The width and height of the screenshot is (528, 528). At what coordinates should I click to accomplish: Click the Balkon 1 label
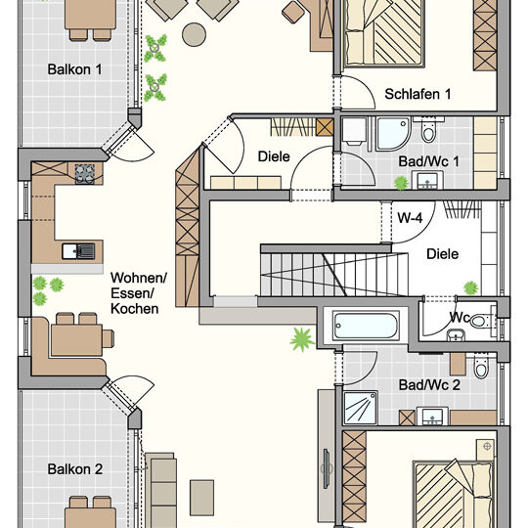pos(75,69)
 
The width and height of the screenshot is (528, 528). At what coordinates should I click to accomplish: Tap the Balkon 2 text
pos(75,469)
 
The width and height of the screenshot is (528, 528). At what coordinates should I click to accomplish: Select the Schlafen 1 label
pos(418,95)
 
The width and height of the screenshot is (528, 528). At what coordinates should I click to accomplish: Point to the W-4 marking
pos(409,219)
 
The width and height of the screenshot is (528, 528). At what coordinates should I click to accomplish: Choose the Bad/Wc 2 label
pos(428,385)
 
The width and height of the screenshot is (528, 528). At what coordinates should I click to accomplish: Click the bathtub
pos(372,326)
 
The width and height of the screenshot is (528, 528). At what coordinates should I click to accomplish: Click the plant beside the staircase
pos(300,340)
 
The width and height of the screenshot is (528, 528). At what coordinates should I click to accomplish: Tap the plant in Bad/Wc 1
pos(399,182)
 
